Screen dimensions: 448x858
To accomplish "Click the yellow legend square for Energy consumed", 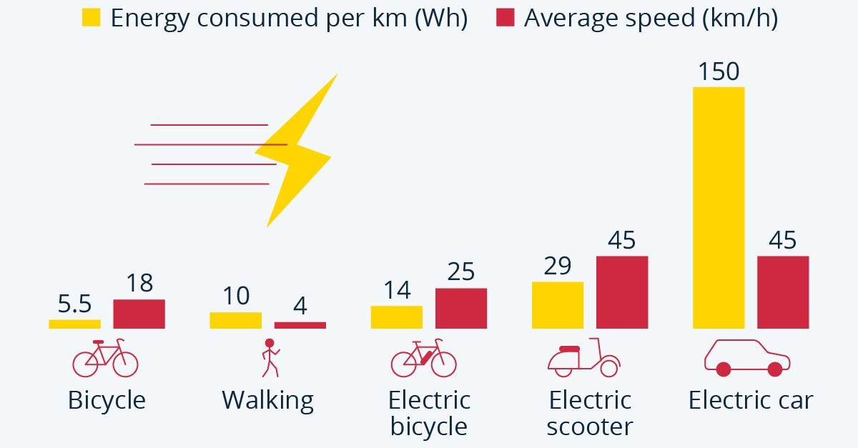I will tap(92, 18).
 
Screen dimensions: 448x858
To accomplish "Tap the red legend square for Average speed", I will tap(505, 18).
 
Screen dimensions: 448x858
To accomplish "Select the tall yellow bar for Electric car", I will tap(719, 207).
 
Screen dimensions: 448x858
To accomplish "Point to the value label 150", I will tap(719, 71).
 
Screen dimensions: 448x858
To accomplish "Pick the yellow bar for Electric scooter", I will tap(558, 305).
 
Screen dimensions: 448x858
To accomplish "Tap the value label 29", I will tap(558, 266).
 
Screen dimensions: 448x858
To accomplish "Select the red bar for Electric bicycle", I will tap(461, 308).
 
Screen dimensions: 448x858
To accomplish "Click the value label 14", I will tap(396, 290).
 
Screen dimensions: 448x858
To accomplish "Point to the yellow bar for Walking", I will tap(235, 320).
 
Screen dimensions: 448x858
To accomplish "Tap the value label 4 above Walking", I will tap(300, 306).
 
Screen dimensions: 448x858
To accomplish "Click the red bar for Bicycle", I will tap(139, 314).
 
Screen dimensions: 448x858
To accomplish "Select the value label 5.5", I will tap(74, 305).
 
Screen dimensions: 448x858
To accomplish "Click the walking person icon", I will tap(270, 358).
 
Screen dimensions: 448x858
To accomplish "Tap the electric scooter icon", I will tap(583, 359).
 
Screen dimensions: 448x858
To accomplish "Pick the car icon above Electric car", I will tap(747, 358).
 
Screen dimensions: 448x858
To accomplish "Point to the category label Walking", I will tap(267, 399).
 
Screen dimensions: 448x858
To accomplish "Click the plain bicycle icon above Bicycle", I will tap(105, 359).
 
